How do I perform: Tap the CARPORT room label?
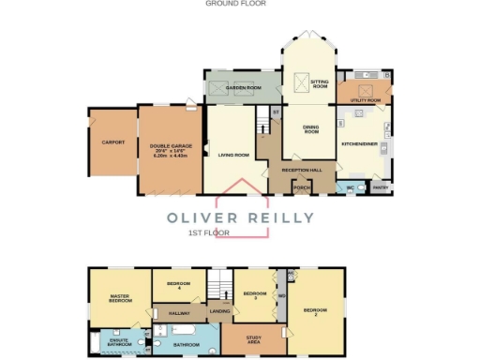(x=112, y=142)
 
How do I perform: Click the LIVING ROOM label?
(x=232, y=155)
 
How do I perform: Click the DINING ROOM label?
(x=312, y=131)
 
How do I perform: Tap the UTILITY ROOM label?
(x=365, y=99)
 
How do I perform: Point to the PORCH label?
(x=302, y=187)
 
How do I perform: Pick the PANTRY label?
(x=380, y=187)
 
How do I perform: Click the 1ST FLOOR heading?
(x=208, y=232)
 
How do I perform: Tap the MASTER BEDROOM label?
(x=120, y=298)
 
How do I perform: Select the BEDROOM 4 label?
(x=179, y=286)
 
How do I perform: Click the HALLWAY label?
(x=179, y=312)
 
